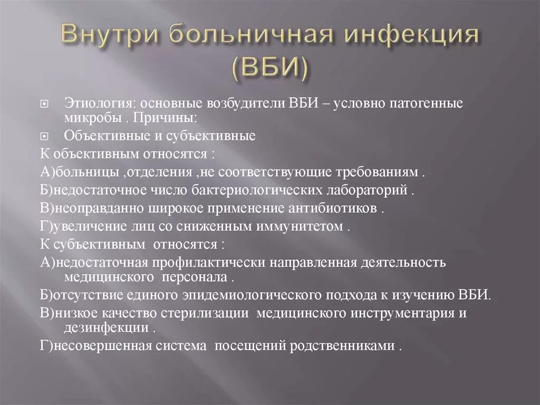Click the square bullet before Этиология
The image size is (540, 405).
click(45, 103)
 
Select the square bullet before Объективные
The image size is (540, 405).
click(45, 136)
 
